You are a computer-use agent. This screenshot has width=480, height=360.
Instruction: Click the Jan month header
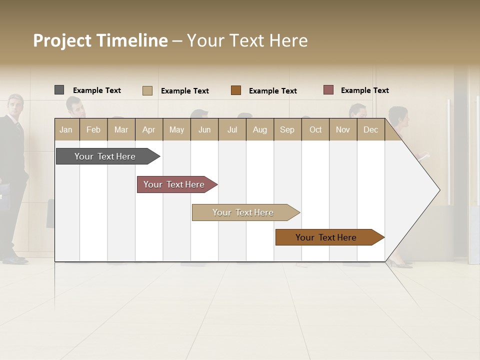coord(66,129)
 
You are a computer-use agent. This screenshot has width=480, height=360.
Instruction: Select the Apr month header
coord(148,129)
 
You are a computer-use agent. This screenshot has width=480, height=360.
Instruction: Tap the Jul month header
coord(232,129)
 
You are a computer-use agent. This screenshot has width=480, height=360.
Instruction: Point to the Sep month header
coord(287,129)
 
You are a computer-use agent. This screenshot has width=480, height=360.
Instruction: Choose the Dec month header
coord(370,129)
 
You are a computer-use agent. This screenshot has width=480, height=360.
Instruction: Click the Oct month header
coord(315,129)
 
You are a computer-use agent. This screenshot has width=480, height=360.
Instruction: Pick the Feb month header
coord(93,129)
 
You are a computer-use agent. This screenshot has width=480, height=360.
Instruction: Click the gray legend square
coord(59,90)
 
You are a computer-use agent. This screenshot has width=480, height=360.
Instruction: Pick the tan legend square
coord(147,90)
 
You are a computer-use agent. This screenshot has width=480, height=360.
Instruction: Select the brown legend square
coord(236,90)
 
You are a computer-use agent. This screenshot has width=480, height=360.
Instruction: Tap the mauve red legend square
coord(328,90)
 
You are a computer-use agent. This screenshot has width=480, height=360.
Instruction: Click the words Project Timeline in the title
coord(100,40)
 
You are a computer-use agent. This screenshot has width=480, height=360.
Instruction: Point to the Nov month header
coord(343,129)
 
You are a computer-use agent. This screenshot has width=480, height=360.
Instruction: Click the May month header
coord(176,129)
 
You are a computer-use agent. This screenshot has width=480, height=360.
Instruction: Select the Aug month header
coord(259,129)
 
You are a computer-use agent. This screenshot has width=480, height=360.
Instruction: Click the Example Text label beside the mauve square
coord(364,90)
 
